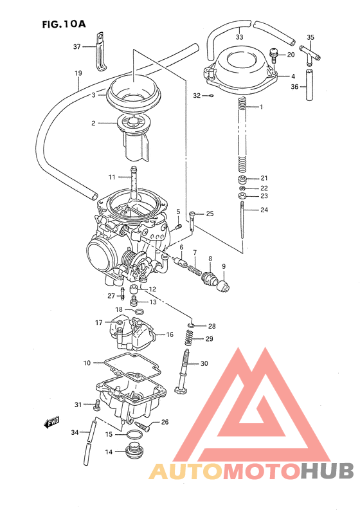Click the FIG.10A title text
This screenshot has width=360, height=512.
63,24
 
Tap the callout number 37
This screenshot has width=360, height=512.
77,47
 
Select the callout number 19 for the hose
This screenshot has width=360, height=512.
78,73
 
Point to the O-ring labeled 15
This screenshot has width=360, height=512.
133,435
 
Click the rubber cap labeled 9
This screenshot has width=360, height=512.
222,284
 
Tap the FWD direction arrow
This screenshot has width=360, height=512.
52,423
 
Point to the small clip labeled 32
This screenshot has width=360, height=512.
211,96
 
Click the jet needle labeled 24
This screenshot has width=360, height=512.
243,225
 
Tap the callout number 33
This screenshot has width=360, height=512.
240,37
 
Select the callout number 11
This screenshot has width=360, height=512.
111,177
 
